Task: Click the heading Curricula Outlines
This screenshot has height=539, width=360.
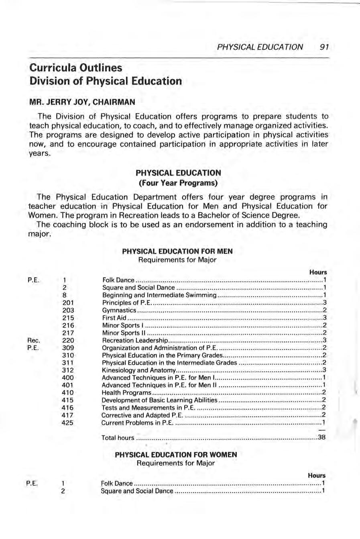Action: pyautogui.click(x=76, y=67)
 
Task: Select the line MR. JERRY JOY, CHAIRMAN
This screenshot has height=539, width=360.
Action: pyautogui.click(x=82, y=102)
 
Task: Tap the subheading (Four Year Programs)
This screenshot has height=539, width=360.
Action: pyautogui.click(x=178, y=183)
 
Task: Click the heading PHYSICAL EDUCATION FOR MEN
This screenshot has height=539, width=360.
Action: pyautogui.click(x=177, y=251)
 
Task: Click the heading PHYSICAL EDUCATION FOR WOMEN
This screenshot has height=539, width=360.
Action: pyautogui.click(x=176, y=455)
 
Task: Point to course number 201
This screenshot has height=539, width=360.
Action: pyautogui.click(x=68, y=302)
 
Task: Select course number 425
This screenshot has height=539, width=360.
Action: pyautogui.click(x=68, y=423)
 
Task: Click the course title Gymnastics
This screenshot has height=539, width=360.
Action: pyautogui.click(x=119, y=310)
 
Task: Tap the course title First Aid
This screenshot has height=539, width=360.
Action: pyautogui.click(x=114, y=318)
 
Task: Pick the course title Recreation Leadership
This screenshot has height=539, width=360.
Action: pyautogui.click(x=135, y=340)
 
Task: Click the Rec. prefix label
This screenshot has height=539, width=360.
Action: pyautogui.click(x=34, y=340)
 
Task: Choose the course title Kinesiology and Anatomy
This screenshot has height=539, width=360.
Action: pyautogui.click(x=139, y=370)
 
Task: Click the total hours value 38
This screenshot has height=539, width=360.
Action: pyautogui.click(x=321, y=437)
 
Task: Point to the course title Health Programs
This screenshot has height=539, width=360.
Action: pyautogui.click(x=126, y=392)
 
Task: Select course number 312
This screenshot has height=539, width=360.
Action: pyautogui.click(x=68, y=370)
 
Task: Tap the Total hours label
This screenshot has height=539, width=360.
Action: pyautogui.click(x=118, y=437)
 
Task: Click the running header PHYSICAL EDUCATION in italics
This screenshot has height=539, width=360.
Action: pyautogui.click(x=260, y=47)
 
